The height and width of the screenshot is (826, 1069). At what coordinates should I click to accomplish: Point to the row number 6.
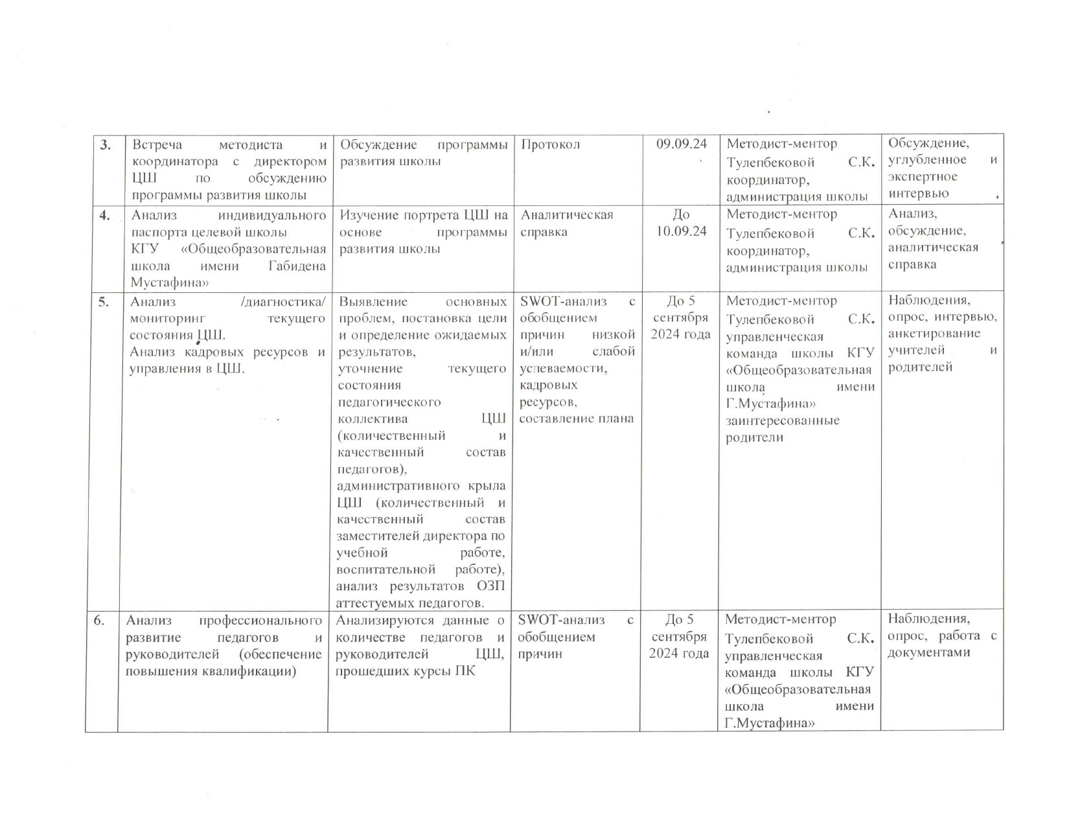(x=98, y=620)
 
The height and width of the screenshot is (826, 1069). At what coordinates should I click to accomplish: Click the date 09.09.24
(x=681, y=144)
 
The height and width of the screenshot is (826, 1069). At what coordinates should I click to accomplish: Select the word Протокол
(x=550, y=144)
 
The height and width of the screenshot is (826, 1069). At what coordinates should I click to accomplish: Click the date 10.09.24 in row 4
(x=681, y=231)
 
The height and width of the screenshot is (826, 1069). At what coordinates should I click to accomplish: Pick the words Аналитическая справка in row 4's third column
(x=566, y=223)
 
